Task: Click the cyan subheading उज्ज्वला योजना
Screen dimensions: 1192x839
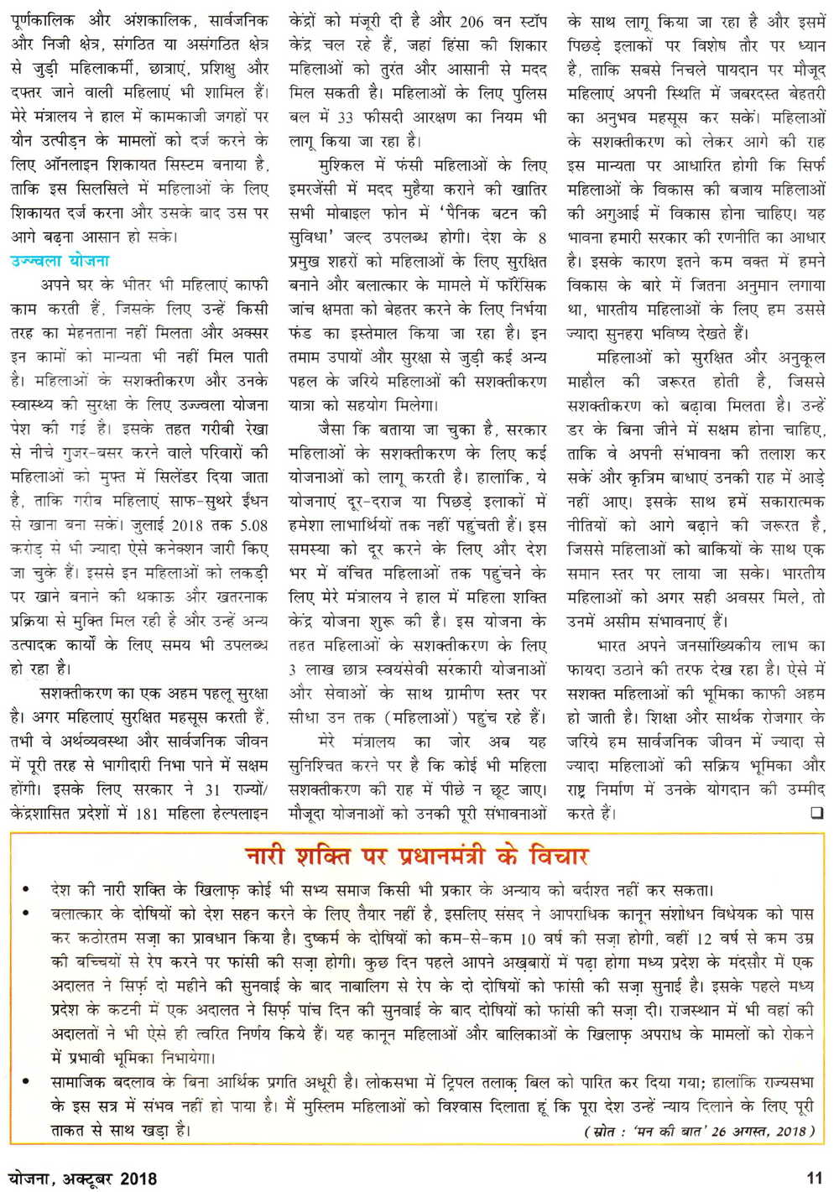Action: (x=60, y=262)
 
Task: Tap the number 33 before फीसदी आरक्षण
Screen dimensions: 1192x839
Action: (x=344, y=117)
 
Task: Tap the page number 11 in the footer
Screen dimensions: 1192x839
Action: (x=813, y=1178)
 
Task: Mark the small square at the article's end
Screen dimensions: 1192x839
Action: (x=816, y=813)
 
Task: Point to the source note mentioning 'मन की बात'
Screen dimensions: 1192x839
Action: (x=699, y=1131)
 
